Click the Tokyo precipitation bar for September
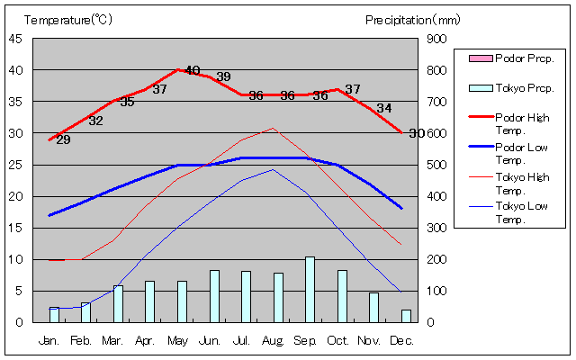pyautogui.click(x=310, y=289)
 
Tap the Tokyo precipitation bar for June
pyautogui.click(x=214, y=296)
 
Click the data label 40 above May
pyautogui.click(x=192, y=70)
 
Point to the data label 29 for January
pyautogui.click(x=63, y=139)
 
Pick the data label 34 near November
pyautogui.click(x=384, y=108)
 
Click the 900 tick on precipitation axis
pyautogui.click(x=436, y=39)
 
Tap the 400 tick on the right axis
pyautogui.click(x=436, y=196)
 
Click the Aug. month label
pyautogui.click(x=274, y=341)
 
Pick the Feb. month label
pyautogui.click(x=81, y=341)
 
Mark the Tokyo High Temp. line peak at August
pyautogui.click(x=274, y=128)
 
